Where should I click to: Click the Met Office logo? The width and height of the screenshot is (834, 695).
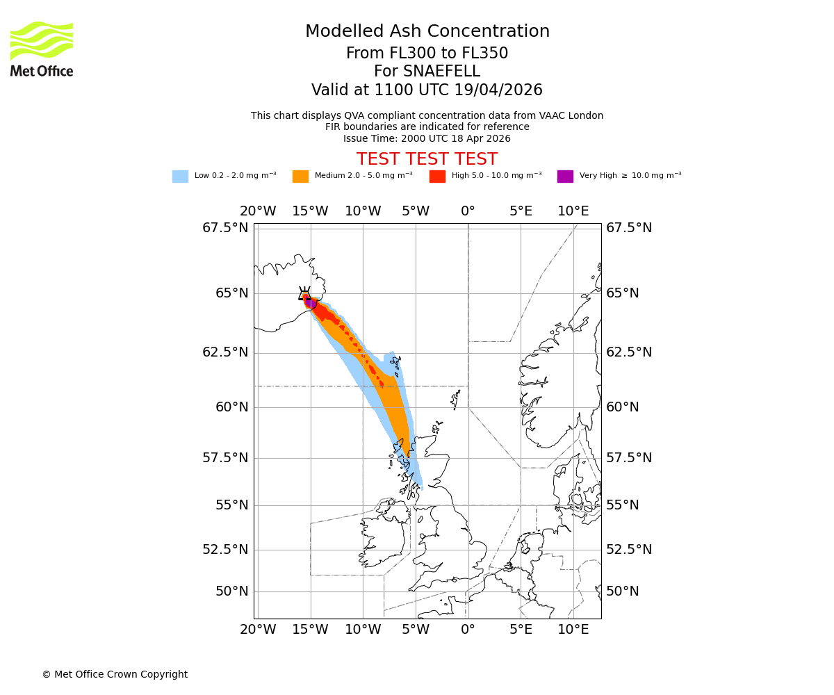42,49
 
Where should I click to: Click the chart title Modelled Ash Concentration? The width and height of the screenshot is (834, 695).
427,32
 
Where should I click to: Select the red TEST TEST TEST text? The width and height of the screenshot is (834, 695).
427,159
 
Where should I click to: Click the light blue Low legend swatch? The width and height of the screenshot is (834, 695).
180,177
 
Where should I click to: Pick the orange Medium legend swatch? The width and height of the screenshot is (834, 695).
300,177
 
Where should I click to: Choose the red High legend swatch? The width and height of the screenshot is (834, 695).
437,177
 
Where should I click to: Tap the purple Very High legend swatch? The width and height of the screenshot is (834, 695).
565,177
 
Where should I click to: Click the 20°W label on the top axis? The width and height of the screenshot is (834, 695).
258,211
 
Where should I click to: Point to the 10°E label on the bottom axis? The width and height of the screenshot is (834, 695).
573,630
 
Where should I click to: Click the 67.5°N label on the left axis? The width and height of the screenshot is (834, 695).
225,228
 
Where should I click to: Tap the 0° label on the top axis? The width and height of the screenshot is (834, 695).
468,211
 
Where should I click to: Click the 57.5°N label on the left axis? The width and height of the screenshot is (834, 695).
225,457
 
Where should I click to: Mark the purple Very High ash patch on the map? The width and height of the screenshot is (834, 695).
311,303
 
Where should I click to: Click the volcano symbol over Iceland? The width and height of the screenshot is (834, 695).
304,293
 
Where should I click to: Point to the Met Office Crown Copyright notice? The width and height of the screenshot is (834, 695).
115,674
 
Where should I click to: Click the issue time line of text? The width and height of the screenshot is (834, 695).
427,138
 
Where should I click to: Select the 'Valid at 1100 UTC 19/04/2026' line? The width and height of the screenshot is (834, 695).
427,90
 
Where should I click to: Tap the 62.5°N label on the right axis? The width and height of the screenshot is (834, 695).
629,352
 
